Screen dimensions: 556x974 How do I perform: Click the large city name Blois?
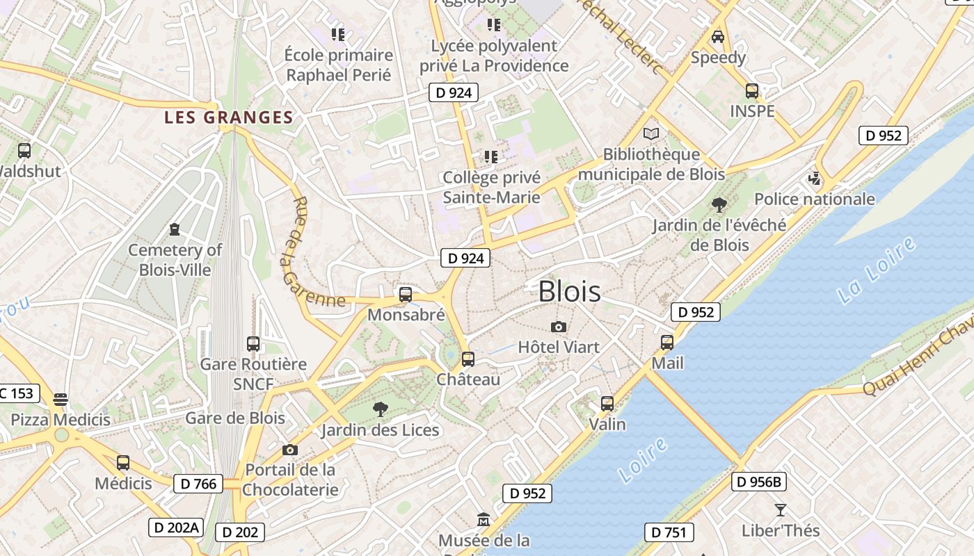pyautogui.click(x=569, y=291)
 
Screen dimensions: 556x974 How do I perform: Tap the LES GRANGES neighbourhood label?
pyautogui.click(x=228, y=117)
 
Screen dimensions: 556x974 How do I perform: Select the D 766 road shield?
pyautogui.click(x=198, y=484)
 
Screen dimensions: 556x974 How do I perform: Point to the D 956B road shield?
pyautogui.click(x=759, y=481)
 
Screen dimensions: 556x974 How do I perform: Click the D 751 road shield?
pyautogui.click(x=669, y=533)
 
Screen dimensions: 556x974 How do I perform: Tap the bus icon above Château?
pyautogui.click(x=468, y=359)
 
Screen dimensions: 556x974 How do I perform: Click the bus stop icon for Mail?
pyautogui.click(x=667, y=343)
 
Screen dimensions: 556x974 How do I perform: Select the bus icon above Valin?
pyautogui.click(x=607, y=404)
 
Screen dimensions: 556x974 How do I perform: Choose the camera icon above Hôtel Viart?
pyautogui.click(x=558, y=327)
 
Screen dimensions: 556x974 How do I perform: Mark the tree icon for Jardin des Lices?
pyautogui.click(x=380, y=409)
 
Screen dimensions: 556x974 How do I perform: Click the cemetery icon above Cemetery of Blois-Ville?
pyautogui.click(x=175, y=229)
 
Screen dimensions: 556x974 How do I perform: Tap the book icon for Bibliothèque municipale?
pyautogui.click(x=651, y=134)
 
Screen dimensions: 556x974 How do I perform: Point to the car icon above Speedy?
pyautogui.click(x=718, y=37)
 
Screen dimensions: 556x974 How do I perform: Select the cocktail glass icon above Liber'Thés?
pyautogui.click(x=781, y=510)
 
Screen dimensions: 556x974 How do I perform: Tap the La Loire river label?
pyautogui.click(x=876, y=270)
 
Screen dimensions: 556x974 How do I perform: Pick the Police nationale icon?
pyautogui.click(x=815, y=179)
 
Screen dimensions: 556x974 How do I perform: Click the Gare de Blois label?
pyautogui.click(x=235, y=418)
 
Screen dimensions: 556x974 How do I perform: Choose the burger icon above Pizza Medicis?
pyautogui.click(x=61, y=399)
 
